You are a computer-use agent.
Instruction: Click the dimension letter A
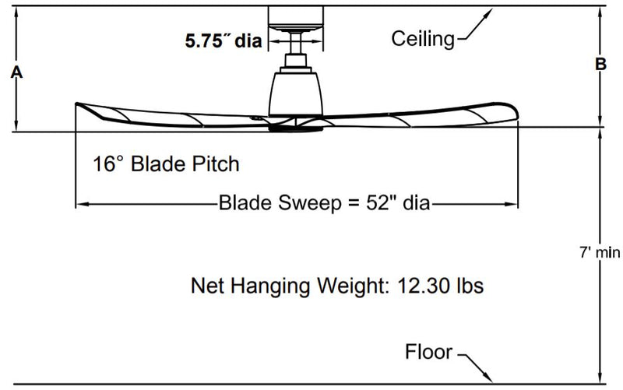[16, 72]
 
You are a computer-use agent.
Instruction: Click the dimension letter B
[600, 65]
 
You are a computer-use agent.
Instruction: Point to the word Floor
[428, 352]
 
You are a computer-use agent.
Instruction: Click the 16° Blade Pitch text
[166, 165]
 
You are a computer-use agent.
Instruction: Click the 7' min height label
[601, 252]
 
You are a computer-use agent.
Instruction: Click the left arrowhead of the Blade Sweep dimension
[80, 205]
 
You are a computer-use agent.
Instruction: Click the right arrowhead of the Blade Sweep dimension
[514, 205]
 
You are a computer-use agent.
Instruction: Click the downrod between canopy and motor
[296, 47]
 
